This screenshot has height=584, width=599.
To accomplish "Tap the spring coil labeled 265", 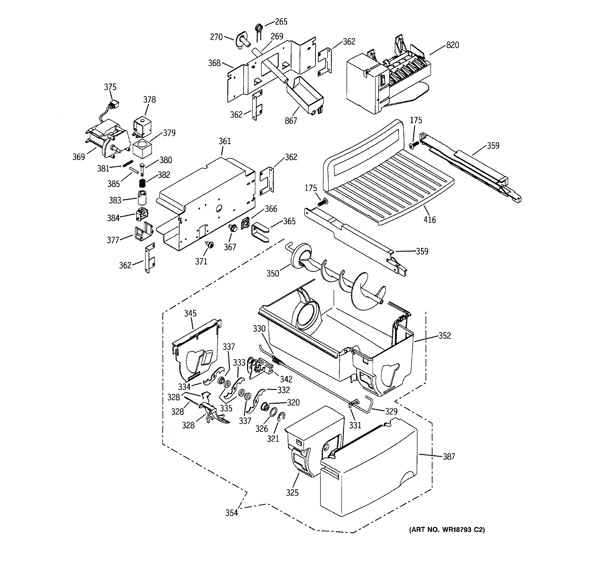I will pos(259,28).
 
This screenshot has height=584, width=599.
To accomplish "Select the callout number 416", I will pos(429,220).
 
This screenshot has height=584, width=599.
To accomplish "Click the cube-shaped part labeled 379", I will pos(142,148).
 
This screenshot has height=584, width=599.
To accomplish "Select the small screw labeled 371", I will pos(210,245).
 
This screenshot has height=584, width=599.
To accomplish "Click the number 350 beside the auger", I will pos(272,273).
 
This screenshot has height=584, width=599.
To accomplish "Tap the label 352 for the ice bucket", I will pos(445,336).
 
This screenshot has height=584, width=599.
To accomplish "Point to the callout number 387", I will pos(448,457).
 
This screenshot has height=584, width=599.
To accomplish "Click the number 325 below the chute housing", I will pos(292,493).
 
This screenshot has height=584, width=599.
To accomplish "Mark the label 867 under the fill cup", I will pos(290,121).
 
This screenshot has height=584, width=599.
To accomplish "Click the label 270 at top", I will pos(216,37).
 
